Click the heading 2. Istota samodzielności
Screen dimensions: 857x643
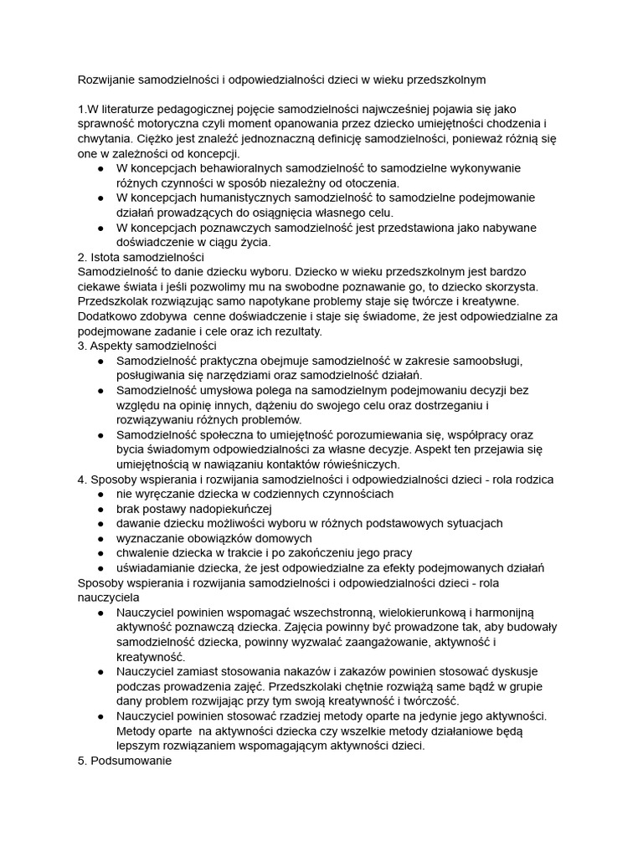(x=141, y=257)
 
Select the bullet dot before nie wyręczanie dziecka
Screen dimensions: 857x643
(x=101, y=494)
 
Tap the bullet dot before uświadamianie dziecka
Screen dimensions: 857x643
(x=101, y=568)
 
